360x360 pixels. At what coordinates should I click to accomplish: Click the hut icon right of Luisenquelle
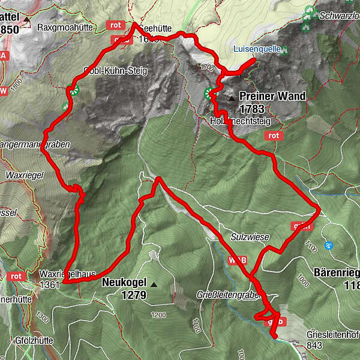click(x=286, y=50)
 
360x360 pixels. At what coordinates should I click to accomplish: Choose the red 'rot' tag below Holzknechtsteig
click(x=274, y=136)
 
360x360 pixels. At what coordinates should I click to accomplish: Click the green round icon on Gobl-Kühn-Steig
click(x=73, y=91)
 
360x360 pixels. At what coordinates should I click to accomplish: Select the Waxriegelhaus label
click(x=71, y=274)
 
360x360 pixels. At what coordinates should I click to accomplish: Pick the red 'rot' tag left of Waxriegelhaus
click(x=16, y=277)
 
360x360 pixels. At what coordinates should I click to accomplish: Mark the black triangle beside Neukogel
click(x=154, y=284)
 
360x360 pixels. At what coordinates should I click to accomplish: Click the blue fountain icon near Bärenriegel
click(x=328, y=245)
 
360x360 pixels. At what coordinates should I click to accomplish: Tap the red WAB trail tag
click(x=235, y=260)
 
